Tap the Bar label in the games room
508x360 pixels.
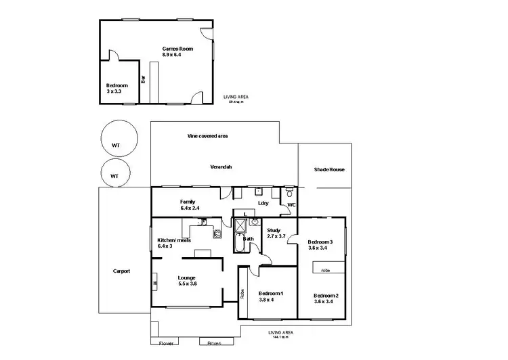(x=143, y=78)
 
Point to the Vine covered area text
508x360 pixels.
(x=207, y=136)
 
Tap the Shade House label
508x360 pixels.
(x=329, y=169)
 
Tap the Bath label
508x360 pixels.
(x=249, y=239)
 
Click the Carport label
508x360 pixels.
(x=121, y=271)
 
